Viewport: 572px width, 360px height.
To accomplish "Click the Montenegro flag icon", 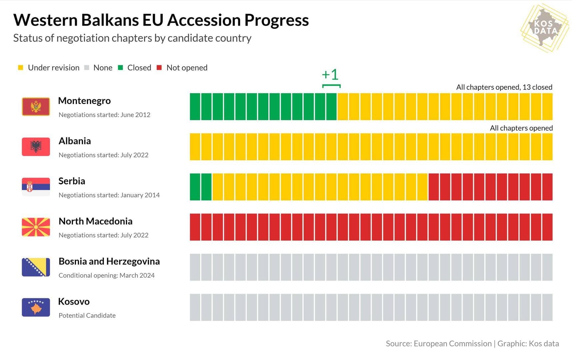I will (x=36, y=107).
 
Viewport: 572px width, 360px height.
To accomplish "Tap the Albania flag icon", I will (x=36, y=147).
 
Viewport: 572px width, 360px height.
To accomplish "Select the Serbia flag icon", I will (x=36, y=187).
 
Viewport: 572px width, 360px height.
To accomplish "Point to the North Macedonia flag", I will (x=36, y=227).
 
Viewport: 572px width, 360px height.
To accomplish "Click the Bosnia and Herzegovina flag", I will (x=36, y=267).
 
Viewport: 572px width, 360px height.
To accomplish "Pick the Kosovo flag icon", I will (x=36, y=307).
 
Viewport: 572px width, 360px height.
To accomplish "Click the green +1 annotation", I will (x=330, y=75).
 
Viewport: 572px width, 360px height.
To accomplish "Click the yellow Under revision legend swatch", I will (x=21, y=68).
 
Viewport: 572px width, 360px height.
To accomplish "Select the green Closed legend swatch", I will (x=121, y=68).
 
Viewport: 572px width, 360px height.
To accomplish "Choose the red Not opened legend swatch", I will (x=159, y=68).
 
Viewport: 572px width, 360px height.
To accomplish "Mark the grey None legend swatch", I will (x=87, y=68).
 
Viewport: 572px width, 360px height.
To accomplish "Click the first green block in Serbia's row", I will (x=195, y=187).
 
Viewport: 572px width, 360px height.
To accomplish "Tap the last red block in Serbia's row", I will (x=547, y=187).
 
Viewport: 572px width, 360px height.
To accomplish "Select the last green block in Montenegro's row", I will (x=331, y=107).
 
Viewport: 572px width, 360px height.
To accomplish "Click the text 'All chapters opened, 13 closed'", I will (x=504, y=87).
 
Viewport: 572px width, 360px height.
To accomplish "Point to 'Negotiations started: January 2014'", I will (x=109, y=195).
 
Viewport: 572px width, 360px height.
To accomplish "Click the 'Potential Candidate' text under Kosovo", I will (x=87, y=315).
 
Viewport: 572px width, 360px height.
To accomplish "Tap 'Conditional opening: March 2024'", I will (x=107, y=275).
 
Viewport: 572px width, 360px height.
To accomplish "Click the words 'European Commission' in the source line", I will (x=452, y=344).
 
